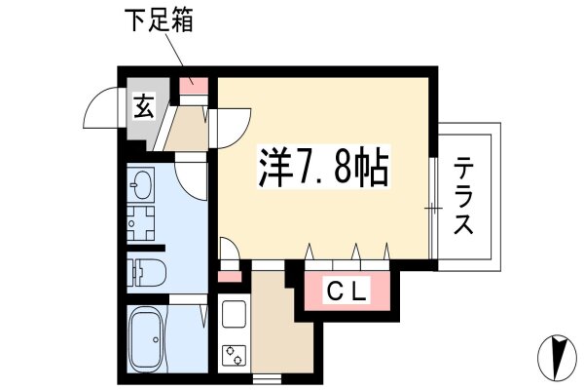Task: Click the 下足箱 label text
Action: pyautogui.click(x=159, y=20)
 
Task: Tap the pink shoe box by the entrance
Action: pyautogui.click(x=194, y=86)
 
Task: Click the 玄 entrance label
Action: pyautogui.click(x=144, y=106)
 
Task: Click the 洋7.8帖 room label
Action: pyautogui.click(x=323, y=168)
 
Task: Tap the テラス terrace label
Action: pyautogui.click(x=463, y=196)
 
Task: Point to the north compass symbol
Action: pyautogui.click(x=557, y=358)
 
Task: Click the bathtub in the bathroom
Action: pyautogui.click(x=149, y=339)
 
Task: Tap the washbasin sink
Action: pyautogui.click(x=141, y=184)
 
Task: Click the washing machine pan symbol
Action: pyautogui.click(x=141, y=223)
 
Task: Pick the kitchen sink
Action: pyautogui.click(x=234, y=314)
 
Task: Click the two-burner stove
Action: pyautogui.click(x=234, y=355)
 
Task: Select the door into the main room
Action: pyautogui.click(x=231, y=128)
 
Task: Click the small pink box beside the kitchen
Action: pyautogui.click(x=230, y=277)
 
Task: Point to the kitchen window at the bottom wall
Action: pyautogui.click(x=267, y=379)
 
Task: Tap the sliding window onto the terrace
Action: pyautogui.click(x=432, y=209)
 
